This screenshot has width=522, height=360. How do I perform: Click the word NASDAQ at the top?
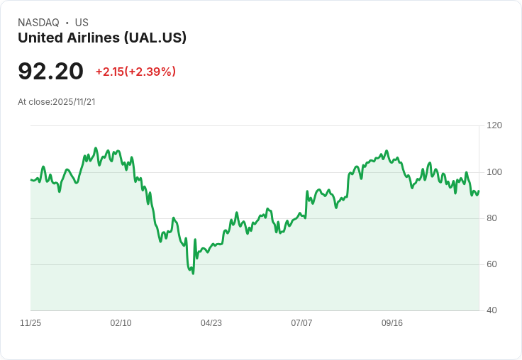tap(38, 23)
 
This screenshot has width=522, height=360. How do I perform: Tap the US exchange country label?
tap(82, 23)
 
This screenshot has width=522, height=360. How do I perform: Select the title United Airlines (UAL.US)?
tap(102, 38)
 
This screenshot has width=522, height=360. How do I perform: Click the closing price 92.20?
tap(50, 71)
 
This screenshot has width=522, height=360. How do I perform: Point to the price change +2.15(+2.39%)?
tap(135, 72)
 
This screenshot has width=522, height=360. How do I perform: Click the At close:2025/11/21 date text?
tap(57, 102)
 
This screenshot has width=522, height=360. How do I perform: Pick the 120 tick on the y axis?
tap(494, 125)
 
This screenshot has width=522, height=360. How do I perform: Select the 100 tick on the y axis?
tap(494, 172)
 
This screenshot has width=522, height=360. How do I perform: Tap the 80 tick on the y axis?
tap(492, 218)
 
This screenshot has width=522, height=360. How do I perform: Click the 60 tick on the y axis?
tap(492, 264)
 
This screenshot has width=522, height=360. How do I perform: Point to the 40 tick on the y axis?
tap(492, 310)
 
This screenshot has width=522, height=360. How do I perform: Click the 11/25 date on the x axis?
tap(30, 323)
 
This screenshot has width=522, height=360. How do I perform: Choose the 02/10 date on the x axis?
tap(121, 323)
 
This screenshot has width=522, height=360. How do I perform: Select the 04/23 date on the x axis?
tap(211, 323)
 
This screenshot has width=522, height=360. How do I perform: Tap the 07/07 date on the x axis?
tap(301, 323)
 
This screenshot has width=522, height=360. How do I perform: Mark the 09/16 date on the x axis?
tap(392, 323)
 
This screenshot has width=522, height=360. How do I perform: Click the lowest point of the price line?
tap(193, 274)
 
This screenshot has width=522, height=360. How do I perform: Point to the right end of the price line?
tap(479, 191)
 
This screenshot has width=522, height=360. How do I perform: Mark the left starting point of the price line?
tap(30, 179)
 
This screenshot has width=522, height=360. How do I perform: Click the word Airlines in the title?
tap(95, 38)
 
